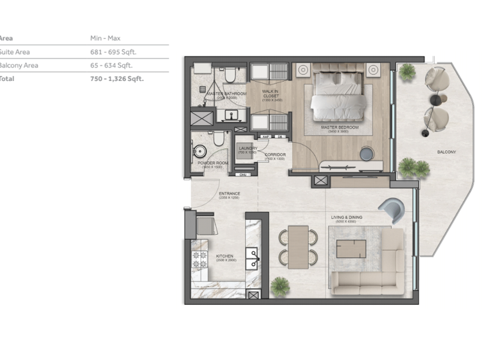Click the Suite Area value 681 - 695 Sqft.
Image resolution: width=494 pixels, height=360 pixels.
[114, 52]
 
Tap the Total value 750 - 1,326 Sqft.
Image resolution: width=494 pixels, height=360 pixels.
[117, 79]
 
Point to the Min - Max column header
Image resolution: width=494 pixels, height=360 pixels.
[105, 39]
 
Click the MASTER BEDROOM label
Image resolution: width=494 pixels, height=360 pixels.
[339, 127]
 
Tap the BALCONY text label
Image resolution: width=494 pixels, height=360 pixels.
[446, 152]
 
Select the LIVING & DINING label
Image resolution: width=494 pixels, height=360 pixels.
[346, 217]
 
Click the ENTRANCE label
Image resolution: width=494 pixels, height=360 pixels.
[229, 194]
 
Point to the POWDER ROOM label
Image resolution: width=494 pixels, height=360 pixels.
[213, 163]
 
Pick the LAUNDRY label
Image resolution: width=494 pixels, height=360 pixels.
[248, 148]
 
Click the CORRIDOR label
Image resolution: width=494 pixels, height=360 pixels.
[275, 155]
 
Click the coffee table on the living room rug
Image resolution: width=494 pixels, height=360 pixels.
[351, 248]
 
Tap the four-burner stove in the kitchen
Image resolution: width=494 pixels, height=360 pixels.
[199, 260]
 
